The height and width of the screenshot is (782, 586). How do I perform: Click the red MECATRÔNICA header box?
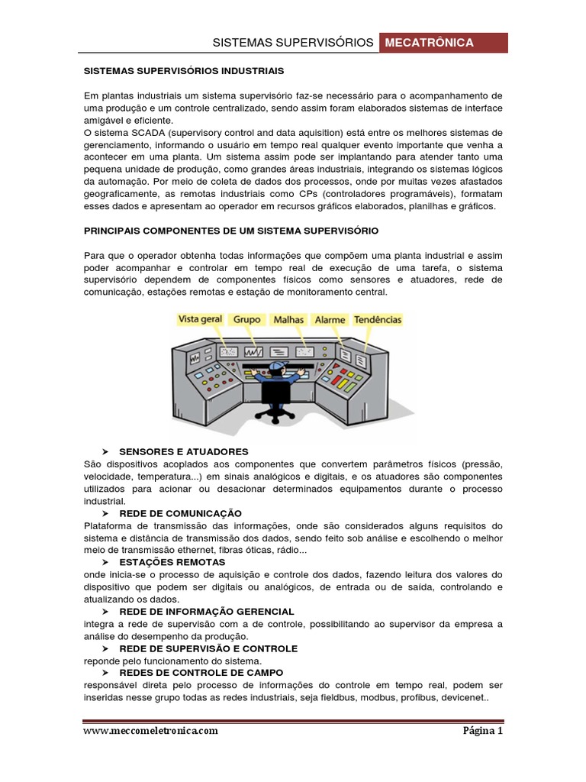[443, 43]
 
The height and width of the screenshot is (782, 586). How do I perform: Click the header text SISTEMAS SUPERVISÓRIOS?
[292, 43]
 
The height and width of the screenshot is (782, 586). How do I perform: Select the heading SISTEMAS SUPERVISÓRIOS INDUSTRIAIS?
[183, 70]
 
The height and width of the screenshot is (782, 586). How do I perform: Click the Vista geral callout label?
[200, 319]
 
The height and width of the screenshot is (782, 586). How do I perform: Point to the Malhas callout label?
[288, 320]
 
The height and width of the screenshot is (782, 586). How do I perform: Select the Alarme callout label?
[330, 320]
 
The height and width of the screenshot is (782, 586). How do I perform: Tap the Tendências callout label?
[376, 320]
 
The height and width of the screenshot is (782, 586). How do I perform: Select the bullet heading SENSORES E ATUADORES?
[184, 452]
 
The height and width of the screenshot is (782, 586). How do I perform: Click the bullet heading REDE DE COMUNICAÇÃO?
[181, 513]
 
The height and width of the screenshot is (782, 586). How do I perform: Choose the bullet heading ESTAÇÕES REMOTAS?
[172, 562]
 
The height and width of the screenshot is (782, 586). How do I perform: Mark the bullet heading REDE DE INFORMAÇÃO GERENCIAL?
[207, 612]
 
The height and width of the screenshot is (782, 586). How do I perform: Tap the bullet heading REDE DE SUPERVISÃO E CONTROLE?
[208, 648]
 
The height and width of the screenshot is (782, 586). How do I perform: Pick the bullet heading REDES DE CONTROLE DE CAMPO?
[201, 673]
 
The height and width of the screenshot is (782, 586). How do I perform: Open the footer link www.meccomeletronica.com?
[150, 731]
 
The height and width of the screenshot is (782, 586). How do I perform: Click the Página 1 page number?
[483, 731]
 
